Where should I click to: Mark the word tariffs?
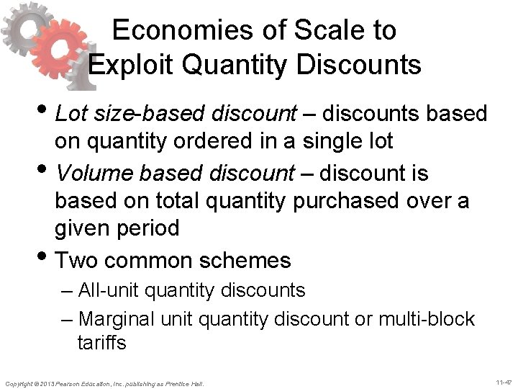click(101, 343)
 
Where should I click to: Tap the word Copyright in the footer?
click(18, 383)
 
